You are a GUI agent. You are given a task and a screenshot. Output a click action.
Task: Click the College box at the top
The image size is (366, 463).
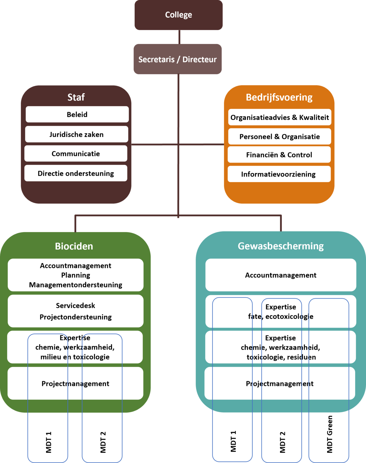click(x=179, y=15)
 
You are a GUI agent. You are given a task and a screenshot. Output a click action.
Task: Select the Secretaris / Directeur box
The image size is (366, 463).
click(x=177, y=59)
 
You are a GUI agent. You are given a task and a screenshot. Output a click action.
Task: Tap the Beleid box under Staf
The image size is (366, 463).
click(x=77, y=114)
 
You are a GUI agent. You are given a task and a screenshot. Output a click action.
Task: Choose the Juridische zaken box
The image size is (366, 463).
click(x=76, y=134)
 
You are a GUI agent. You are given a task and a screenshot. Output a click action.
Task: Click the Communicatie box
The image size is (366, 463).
click(x=76, y=153)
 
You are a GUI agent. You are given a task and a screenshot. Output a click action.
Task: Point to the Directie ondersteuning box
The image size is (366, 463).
click(x=76, y=173)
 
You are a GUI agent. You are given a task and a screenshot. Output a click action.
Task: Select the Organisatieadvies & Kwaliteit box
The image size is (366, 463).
click(x=280, y=117)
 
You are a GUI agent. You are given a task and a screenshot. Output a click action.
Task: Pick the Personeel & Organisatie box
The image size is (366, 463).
click(x=279, y=136)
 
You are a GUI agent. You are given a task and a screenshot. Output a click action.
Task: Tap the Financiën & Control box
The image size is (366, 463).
click(x=279, y=155)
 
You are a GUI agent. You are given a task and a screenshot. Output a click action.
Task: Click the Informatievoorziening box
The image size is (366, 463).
click(x=279, y=174)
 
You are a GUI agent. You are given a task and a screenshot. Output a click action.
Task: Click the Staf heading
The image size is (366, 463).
click(x=76, y=97)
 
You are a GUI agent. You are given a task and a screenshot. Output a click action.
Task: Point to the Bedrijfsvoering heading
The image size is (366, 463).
click(x=279, y=97)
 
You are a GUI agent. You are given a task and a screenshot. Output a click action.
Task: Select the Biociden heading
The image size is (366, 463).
click(x=74, y=246)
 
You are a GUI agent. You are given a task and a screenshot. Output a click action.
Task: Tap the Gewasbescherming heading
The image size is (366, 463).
click(x=281, y=246)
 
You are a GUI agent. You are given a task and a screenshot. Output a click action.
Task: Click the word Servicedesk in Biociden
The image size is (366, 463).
click(x=76, y=305)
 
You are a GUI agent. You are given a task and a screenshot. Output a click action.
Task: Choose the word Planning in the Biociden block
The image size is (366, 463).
click(x=76, y=275)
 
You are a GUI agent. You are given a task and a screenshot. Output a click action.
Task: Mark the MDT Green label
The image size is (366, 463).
click(x=329, y=434)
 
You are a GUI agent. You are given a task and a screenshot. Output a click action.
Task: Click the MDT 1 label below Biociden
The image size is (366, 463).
click(x=49, y=442)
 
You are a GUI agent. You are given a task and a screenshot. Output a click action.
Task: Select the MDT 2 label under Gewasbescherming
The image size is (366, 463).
click(x=282, y=442)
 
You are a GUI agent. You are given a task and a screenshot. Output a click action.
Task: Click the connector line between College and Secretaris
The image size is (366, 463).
click(x=179, y=37)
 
